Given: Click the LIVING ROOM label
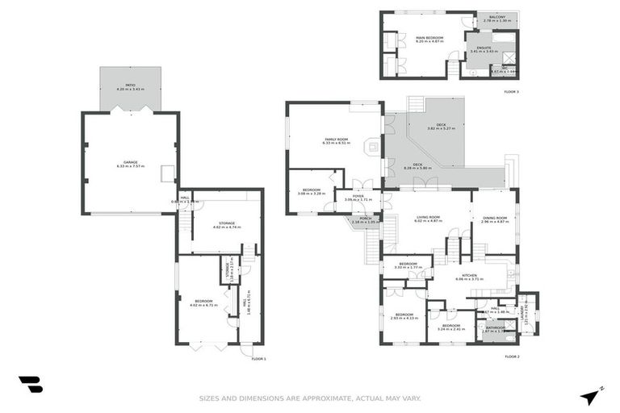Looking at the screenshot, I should click(x=428, y=218).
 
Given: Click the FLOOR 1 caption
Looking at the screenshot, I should click(x=258, y=358).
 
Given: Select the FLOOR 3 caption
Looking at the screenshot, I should click(x=511, y=92).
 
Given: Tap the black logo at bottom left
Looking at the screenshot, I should click(x=30, y=386).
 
